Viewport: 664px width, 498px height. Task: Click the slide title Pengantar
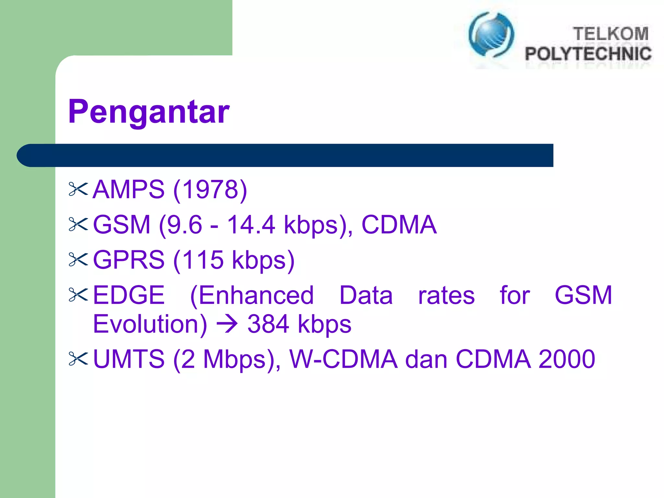coord(149,112)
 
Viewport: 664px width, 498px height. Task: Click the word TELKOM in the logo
coord(611,34)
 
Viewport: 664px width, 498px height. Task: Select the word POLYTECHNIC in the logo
coord(588,53)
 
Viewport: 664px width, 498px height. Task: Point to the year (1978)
coord(210,190)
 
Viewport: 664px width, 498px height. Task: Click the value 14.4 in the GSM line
coord(251,225)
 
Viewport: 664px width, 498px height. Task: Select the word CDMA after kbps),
coord(399,225)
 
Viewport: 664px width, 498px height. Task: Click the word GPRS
coord(129,260)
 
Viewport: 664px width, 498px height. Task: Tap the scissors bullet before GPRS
coord(78,259)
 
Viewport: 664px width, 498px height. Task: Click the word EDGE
coord(129,295)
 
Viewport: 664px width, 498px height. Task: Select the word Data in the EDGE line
coord(366,295)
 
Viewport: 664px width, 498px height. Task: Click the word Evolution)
coord(150,324)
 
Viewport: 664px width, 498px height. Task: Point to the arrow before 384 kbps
coord(227,324)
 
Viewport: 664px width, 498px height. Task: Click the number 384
coord(268,324)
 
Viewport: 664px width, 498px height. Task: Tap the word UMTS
coord(129,359)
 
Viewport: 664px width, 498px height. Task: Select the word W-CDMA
coord(343,359)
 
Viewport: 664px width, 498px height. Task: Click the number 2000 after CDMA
coord(566,359)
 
